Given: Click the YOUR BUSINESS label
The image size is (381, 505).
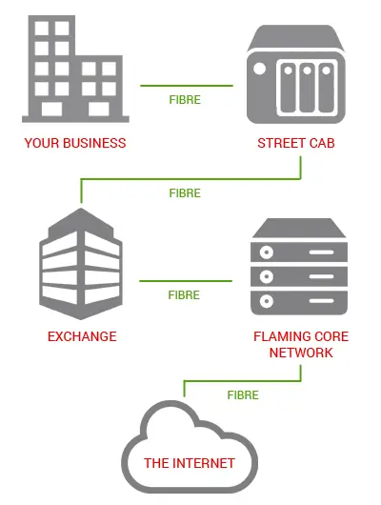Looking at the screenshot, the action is (75, 143).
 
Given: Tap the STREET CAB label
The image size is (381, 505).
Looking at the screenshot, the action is (296, 143).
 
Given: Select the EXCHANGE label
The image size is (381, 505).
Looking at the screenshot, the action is (82, 336).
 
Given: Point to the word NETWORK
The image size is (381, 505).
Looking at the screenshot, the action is (301, 353).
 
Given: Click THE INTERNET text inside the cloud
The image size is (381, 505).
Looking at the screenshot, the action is (190, 463).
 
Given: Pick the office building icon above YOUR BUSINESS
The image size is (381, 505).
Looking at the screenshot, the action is (75, 69).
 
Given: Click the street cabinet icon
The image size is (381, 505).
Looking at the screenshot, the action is (296, 74).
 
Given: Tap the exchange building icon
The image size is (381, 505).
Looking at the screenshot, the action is (81, 264).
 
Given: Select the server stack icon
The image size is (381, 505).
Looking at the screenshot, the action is (299, 267).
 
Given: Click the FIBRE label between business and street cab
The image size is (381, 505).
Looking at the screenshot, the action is (185, 100).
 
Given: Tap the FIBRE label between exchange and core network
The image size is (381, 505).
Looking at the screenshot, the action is (184, 295).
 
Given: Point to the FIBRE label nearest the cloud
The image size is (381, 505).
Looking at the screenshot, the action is (243, 395).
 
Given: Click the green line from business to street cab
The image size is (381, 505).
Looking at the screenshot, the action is (187, 86).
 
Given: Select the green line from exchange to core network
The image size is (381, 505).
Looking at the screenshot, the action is (186, 281).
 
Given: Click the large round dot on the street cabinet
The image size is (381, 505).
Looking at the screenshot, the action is (259, 69).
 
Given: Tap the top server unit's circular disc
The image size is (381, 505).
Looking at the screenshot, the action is (267, 252).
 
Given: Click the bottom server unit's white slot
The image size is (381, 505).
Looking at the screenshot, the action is (321, 301).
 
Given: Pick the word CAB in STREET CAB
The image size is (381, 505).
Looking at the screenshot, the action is (322, 143).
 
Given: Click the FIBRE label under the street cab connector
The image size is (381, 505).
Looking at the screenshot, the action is (185, 193).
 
